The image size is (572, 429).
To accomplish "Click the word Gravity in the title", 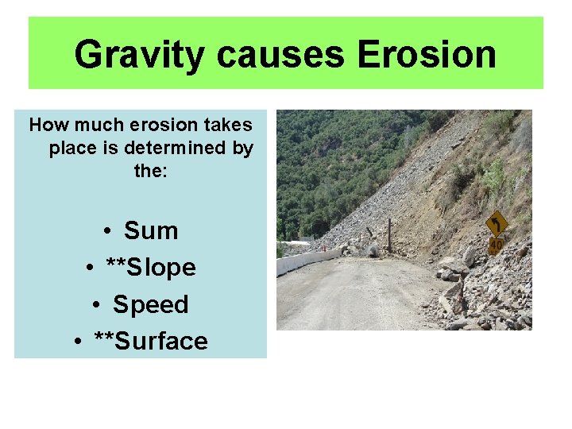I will [139, 55].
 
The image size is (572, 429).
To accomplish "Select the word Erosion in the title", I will [427, 55].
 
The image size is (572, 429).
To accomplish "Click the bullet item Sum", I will [151, 231].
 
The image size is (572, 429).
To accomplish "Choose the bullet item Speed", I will [151, 304].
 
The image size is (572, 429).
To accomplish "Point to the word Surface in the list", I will [162, 341].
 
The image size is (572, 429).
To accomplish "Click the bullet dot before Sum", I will [106, 232].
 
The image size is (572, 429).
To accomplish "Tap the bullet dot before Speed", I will [95, 305].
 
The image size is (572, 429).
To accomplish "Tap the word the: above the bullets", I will [151, 170].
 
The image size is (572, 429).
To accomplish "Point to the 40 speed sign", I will [496, 245].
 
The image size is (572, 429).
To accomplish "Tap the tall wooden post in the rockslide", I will [389, 235].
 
